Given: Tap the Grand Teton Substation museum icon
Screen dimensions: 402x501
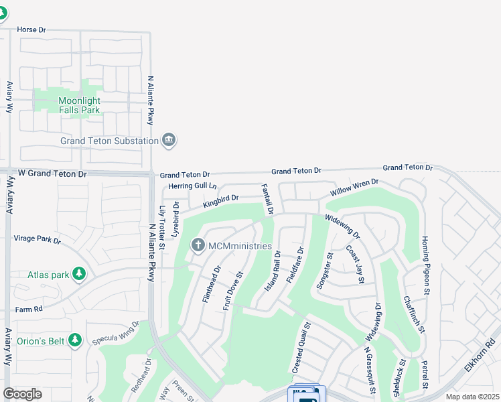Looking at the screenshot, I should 169,140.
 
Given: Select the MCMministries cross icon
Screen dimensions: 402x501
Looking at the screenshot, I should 198,246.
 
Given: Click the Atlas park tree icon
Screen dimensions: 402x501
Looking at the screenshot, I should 79,274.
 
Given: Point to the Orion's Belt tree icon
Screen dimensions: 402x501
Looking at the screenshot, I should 74,341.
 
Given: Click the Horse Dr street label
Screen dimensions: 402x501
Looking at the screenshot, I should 31,30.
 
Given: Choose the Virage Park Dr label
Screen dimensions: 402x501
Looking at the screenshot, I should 37,239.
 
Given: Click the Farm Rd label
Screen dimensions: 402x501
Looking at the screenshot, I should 29,309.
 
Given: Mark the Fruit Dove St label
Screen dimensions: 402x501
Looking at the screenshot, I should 232,291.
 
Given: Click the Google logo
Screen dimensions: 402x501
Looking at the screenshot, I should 22,394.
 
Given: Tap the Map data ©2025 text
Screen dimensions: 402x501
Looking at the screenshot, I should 472,397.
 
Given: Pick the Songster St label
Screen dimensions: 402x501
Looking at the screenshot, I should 323,269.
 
